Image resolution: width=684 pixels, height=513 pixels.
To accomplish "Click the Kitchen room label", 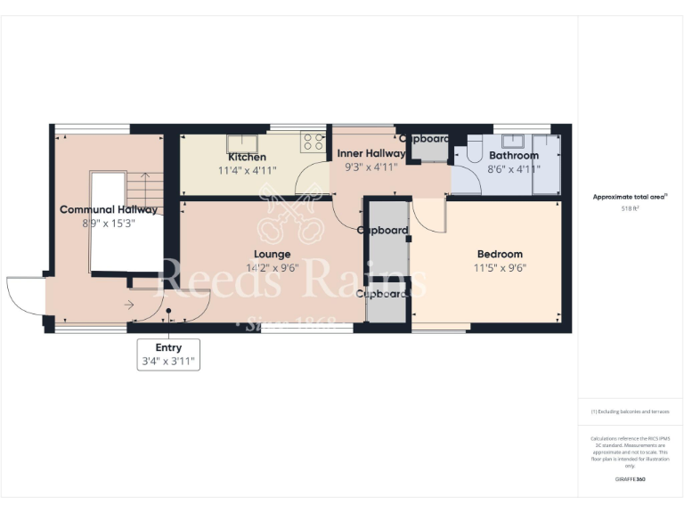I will pos(247,157).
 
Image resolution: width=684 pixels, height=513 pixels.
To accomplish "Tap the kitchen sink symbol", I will pos(240,142).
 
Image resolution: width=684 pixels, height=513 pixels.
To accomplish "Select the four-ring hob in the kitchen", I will pos(313,141).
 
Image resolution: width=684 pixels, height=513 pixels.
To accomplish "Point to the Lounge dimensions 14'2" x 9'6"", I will pos(272,267).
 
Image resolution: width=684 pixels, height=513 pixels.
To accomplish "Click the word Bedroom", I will pos(499,254).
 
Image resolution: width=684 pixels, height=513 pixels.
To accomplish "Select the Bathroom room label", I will pos(513,155).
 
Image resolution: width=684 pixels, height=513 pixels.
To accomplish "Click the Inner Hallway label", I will pos(371,153).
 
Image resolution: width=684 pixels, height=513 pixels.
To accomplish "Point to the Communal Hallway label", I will pos(109,210).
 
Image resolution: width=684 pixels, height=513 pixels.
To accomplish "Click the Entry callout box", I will pos(168,354).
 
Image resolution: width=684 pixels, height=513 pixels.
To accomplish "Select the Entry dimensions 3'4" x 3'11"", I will pos(168,362).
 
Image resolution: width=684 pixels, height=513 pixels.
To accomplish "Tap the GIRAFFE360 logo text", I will pos(630,479).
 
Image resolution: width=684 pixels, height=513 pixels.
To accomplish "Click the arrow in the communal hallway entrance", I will pos(129,305).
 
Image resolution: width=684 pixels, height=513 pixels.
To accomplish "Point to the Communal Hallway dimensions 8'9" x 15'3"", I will pos(109,224).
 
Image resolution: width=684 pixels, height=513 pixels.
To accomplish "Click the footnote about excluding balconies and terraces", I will pos(630,411).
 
